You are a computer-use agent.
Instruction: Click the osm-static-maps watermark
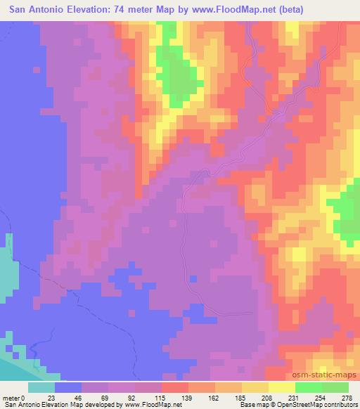[323, 372]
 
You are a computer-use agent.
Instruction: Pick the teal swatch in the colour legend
[41, 387]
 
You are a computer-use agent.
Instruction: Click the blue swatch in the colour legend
[68, 387]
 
